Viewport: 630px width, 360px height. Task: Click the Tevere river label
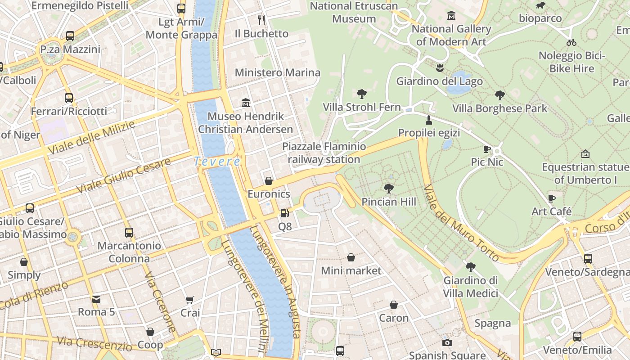coord(217,161)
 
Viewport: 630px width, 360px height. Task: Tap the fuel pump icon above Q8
coord(284,213)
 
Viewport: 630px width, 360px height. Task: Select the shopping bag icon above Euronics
coord(269,181)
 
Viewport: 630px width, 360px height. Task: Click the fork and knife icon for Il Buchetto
coord(261,20)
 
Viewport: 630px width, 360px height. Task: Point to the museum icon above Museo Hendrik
coord(246,103)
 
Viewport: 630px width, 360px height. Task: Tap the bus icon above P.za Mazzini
coord(70,36)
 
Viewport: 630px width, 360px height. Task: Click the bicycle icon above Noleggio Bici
coord(571,42)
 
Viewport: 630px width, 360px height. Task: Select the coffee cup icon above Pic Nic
coord(486,148)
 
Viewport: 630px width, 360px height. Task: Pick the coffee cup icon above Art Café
coord(552,198)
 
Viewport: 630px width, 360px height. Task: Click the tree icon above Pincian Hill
coord(389,188)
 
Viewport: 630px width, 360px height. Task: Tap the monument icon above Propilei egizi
coord(429,120)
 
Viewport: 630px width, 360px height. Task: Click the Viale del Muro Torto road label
coord(461,223)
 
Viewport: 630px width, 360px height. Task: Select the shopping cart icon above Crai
coord(190,300)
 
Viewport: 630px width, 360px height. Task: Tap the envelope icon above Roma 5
coord(96,299)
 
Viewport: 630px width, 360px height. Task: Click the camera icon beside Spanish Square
coord(447,342)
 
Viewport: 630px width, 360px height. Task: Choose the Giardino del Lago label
coord(439,81)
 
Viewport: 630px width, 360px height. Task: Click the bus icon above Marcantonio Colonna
coord(129,232)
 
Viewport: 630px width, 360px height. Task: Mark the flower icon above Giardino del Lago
coord(440,68)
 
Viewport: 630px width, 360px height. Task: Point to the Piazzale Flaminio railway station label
coord(324,153)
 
